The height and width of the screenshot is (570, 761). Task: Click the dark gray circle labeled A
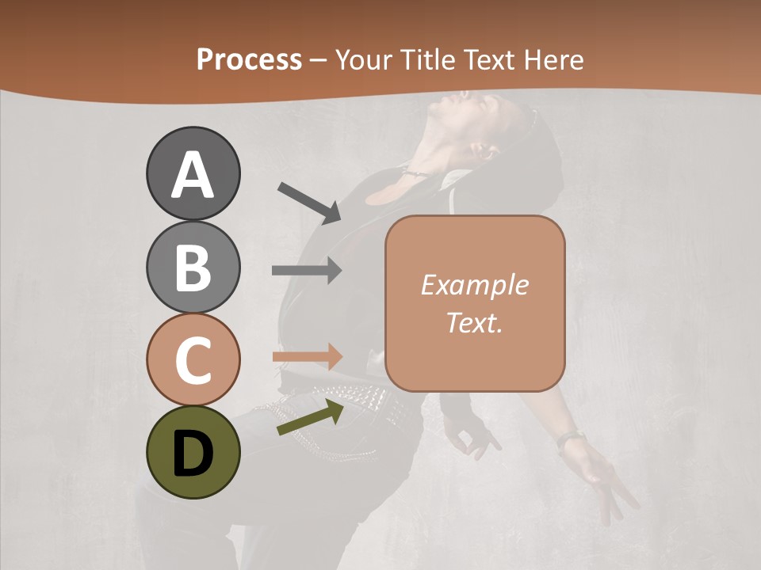point(193,173)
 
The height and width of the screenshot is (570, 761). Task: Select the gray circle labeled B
point(193,267)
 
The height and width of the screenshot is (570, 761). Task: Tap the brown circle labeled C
point(193,360)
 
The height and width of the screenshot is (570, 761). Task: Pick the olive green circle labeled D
point(193,453)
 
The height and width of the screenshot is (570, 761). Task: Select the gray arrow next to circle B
point(307,271)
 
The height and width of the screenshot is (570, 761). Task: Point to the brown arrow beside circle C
point(307,356)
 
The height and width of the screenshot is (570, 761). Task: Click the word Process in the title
point(249,59)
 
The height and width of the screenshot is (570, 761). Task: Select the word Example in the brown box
point(474,285)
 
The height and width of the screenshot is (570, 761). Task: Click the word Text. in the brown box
point(474,322)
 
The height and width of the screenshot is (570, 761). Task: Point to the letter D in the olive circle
point(193,454)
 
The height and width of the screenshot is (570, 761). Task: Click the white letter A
point(193,175)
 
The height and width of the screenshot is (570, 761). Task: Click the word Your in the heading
point(361,59)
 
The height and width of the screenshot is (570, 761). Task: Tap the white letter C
point(193,361)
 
